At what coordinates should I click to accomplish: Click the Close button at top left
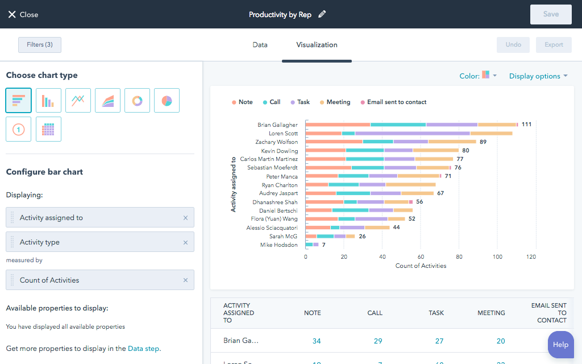point(23,14)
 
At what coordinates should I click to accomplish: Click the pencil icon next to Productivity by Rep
point(322,14)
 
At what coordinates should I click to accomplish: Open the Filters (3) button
point(40,45)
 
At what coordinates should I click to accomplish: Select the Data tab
point(260,45)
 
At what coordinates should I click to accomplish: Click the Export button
point(554,45)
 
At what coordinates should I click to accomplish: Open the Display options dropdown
point(538,76)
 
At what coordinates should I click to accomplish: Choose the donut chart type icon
point(137,101)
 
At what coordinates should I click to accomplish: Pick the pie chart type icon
point(167,101)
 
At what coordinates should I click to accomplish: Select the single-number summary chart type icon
point(19,129)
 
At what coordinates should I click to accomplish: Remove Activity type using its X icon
point(185,242)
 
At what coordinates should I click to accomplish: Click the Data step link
point(144,349)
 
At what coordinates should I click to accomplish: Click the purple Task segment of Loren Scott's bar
point(412,133)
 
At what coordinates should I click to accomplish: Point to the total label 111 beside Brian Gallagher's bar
point(526,125)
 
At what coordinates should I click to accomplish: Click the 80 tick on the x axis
point(459,257)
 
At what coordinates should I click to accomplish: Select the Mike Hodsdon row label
point(278,245)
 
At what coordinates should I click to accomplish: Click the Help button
point(560,344)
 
